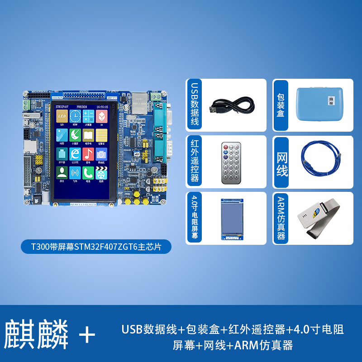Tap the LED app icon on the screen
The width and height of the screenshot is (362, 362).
point(62,116)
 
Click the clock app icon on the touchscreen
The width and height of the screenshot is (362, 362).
point(75,116)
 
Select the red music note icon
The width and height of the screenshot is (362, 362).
point(88,154)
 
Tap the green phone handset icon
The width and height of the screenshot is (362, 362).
point(88,172)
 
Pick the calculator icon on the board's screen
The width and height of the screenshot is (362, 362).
point(88,116)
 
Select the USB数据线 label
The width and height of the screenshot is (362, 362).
point(195,105)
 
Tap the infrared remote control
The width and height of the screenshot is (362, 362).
point(231,162)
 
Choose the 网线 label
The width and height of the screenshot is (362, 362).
point(282,162)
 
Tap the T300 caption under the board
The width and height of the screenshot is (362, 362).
point(96,247)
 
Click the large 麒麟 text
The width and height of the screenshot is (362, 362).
point(37,335)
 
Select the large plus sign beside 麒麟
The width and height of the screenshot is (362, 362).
point(87,335)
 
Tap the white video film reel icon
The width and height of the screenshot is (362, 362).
point(101,172)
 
